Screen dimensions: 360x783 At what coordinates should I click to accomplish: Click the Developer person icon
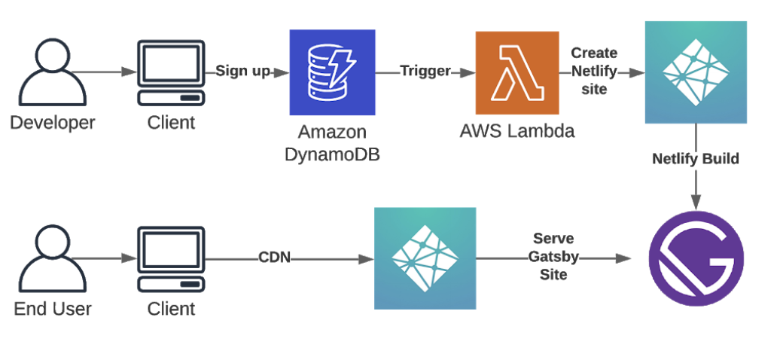[52, 72]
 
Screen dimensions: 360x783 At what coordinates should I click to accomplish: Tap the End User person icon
[52, 259]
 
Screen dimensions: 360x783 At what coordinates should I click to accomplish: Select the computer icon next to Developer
[171, 72]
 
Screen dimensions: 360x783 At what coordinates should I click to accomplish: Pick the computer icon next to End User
[171, 259]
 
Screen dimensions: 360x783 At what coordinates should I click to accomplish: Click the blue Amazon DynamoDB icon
[332, 72]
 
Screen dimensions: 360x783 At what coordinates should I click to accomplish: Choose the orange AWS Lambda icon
[517, 72]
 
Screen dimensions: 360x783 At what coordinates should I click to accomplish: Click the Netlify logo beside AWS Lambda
[696, 72]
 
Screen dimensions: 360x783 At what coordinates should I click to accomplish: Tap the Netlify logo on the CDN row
[425, 258]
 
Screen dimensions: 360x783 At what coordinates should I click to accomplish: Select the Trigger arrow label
[425, 72]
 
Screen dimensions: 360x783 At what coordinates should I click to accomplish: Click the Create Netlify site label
[594, 72]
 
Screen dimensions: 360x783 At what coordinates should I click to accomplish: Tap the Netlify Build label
[696, 159]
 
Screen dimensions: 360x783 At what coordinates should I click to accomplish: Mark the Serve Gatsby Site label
[553, 257]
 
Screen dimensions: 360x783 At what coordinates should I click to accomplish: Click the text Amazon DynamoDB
[332, 143]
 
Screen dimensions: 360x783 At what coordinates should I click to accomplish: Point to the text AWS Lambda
[517, 131]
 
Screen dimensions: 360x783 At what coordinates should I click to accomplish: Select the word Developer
[52, 122]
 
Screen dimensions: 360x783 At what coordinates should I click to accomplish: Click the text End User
[52, 308]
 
